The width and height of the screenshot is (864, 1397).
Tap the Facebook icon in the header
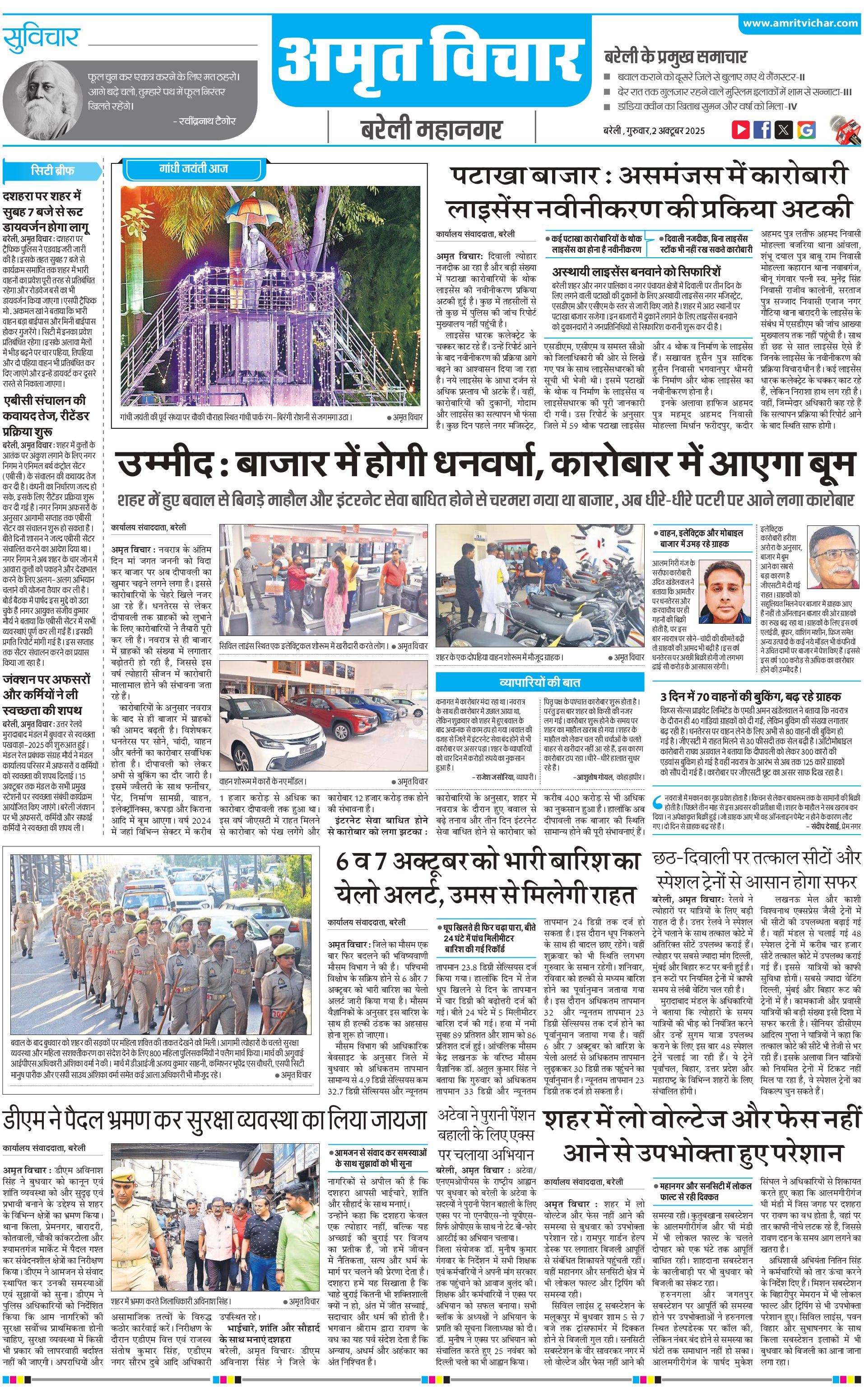tap(762, 130)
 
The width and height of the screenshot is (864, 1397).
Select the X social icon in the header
tap(784, 130)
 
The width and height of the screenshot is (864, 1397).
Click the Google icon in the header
tap(806, 130)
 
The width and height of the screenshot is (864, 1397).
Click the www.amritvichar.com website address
tap(800, 23)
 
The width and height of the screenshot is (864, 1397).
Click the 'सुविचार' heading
tap(41, 38)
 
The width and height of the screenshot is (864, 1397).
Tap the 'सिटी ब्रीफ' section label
tap(52, 170)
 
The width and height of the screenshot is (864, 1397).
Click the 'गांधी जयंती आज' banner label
tap(193, 168)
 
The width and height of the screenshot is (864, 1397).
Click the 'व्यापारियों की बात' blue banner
tap(539, 682)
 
